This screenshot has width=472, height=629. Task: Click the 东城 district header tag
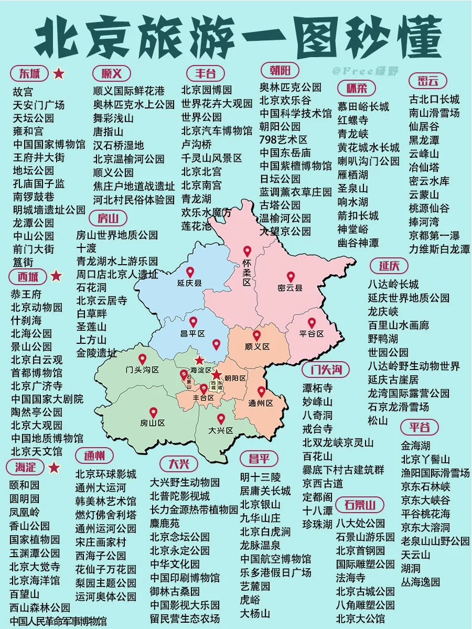point(29,73)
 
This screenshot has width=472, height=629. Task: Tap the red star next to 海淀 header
point(54,468)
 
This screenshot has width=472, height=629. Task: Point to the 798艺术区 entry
point(284,139)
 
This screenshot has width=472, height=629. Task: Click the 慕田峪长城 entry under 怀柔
point(363,106)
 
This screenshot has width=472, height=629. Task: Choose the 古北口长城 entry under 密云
point(434,99)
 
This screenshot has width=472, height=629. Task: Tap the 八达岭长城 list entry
point(393,285)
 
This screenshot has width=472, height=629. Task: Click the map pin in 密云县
point(291,277)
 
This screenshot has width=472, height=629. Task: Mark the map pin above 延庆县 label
point(190,272)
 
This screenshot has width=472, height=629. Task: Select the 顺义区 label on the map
point(257,346)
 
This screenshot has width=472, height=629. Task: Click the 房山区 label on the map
point(153,423)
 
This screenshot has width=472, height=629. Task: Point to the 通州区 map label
point(261,403)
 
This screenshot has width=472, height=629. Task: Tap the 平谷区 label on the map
point(312,334)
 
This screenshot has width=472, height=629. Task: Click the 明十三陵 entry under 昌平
point(260,477)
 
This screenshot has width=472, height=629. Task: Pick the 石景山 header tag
point(360,505)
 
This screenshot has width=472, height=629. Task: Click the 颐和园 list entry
point(24,485)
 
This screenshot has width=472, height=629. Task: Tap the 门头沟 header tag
point(325,370)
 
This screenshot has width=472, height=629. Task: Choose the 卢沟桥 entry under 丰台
point(197,144)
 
